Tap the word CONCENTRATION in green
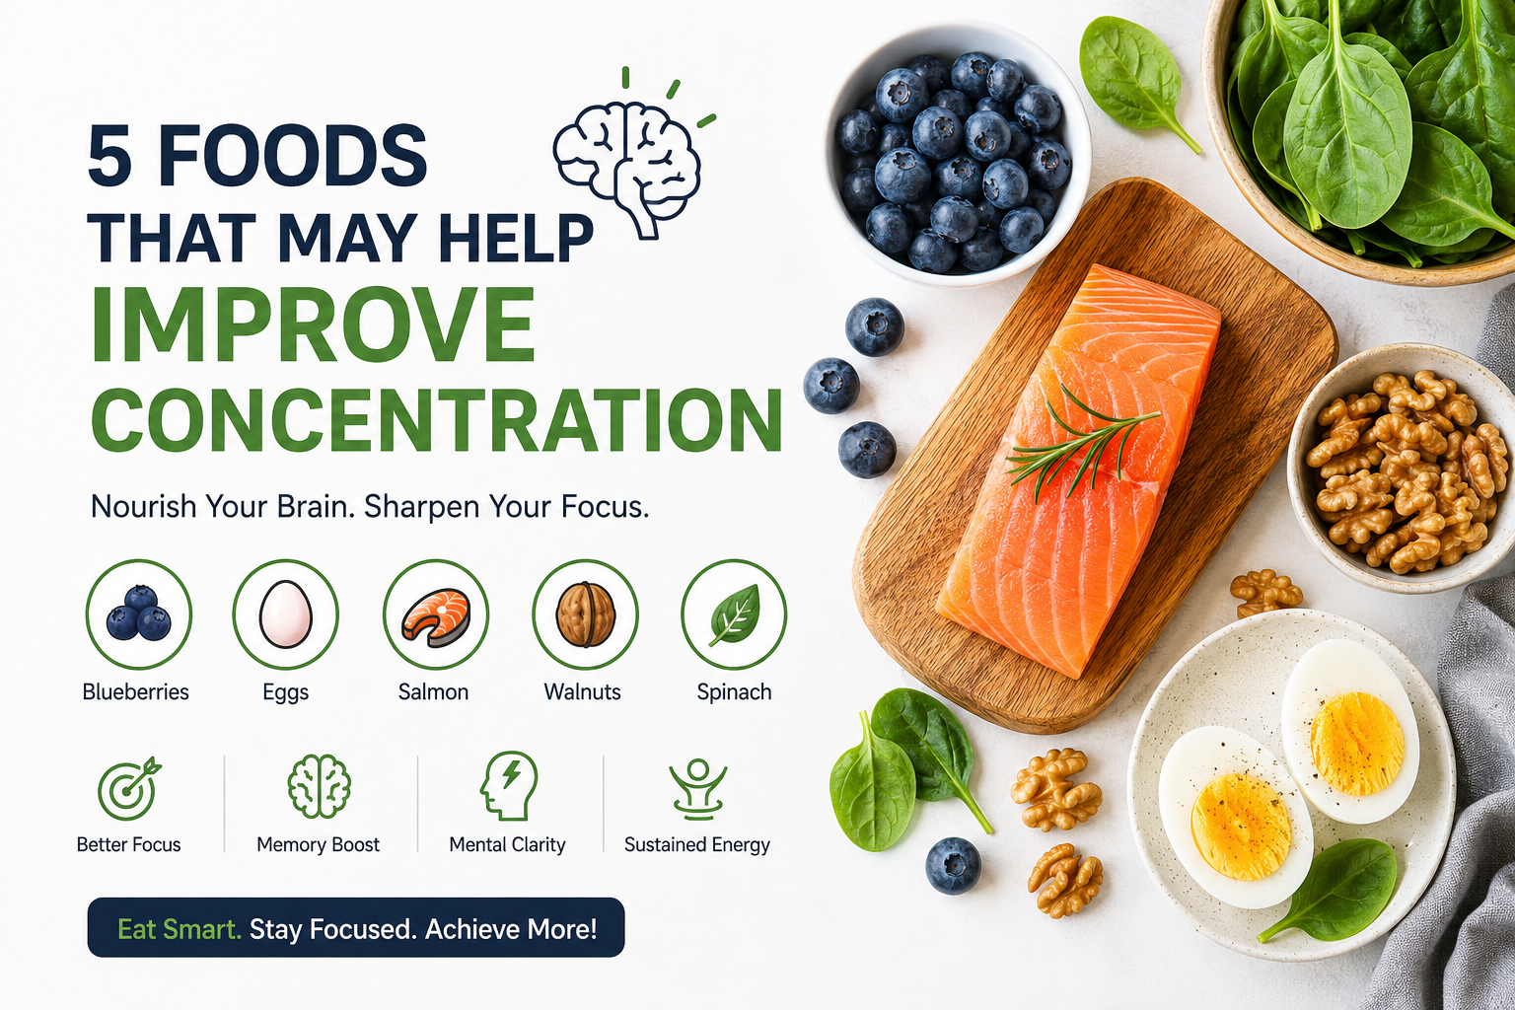point(437,419)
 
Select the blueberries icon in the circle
point(139,613)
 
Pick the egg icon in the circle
point(286,613)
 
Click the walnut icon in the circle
point(586,614)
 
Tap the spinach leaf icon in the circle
point(735,614)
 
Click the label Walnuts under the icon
point(582,692)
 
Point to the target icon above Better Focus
point(128,787)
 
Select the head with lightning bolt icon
point(509,785)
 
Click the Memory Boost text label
point(318,845)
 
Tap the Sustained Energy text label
point(697,845)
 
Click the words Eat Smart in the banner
point(180,929)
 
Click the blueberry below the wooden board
point(953,866)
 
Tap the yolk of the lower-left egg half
point(1242,827)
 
